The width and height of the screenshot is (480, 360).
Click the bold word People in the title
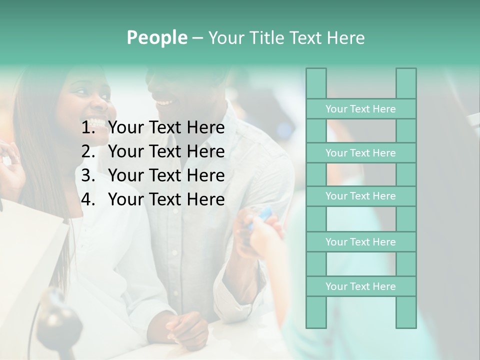coord(157,37)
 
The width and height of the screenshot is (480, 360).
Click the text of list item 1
coord(166,128)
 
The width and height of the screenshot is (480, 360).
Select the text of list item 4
coord(166,199)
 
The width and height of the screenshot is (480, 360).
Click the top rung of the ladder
coord(360,109)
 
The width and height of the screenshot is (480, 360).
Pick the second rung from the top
coord(360,153)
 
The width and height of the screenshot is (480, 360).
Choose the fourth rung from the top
coord(360,242)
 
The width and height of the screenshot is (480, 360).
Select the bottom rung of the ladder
coord(360,286)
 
